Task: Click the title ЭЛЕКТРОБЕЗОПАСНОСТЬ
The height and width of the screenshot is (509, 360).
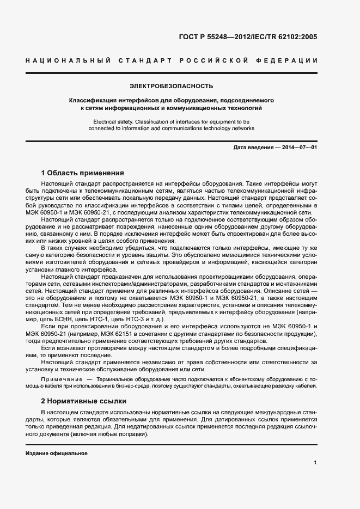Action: [171, 86]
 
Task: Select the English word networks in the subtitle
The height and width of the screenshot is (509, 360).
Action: [241, 128]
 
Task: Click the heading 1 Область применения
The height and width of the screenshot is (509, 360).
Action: [83, 173]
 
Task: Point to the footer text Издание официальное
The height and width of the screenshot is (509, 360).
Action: [56, 453]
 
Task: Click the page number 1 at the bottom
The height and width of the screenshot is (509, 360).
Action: [315, 462]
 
